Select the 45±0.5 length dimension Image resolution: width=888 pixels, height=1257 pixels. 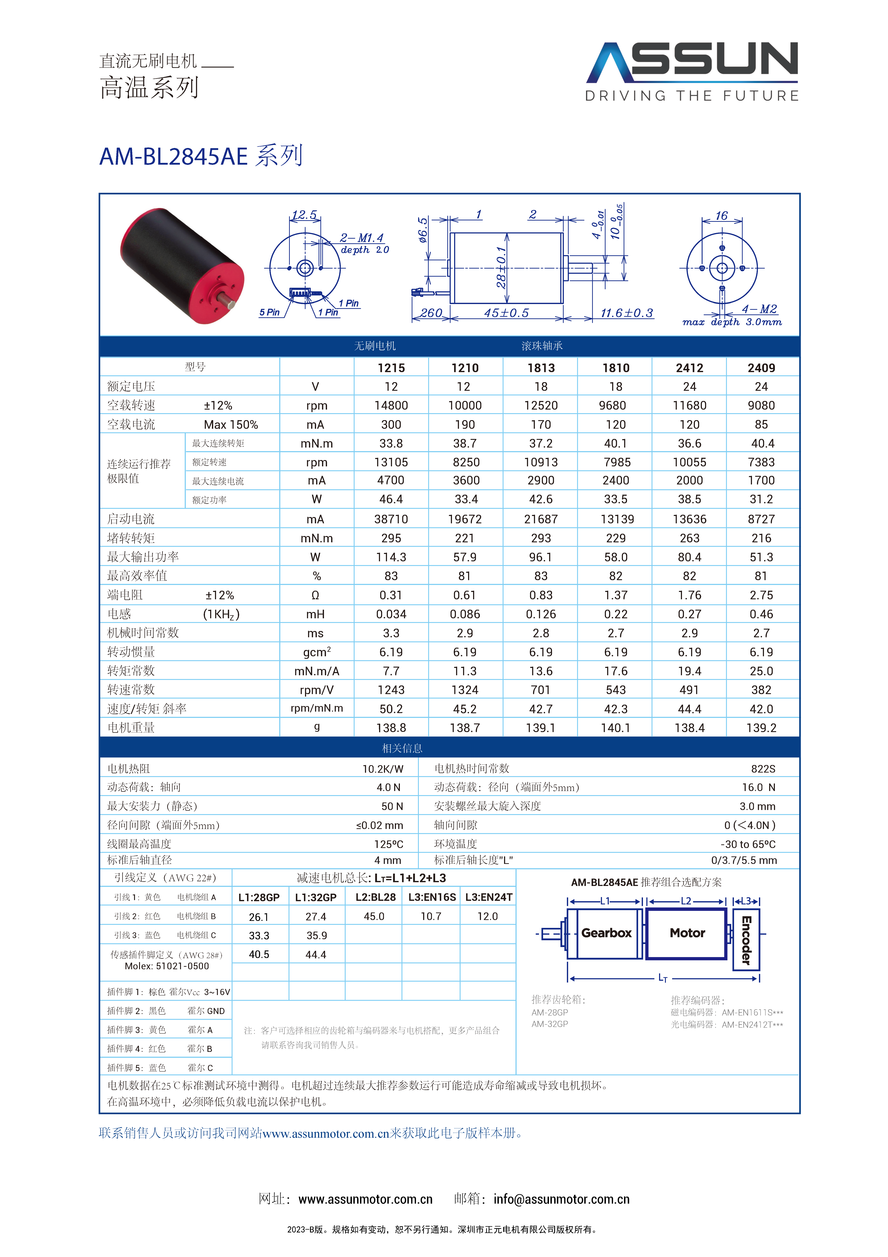(x=506, y=313)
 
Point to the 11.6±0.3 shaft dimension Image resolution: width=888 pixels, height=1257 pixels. (x=626, y=313)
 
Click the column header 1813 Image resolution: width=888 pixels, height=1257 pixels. (x=541, y=368)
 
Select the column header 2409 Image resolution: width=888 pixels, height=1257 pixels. (x=761, y=368)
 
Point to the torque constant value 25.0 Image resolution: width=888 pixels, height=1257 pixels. (x=761, y=671)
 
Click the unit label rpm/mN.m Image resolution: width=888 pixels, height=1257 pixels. (x=316, y=708)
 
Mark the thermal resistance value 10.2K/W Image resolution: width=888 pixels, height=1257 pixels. (x=383, y=769)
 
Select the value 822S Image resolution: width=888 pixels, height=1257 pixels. (x=763, y=769)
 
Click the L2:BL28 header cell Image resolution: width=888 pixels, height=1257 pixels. (x=375, y=897)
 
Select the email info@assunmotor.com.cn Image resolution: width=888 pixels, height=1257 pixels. (x=561, y=1199)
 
